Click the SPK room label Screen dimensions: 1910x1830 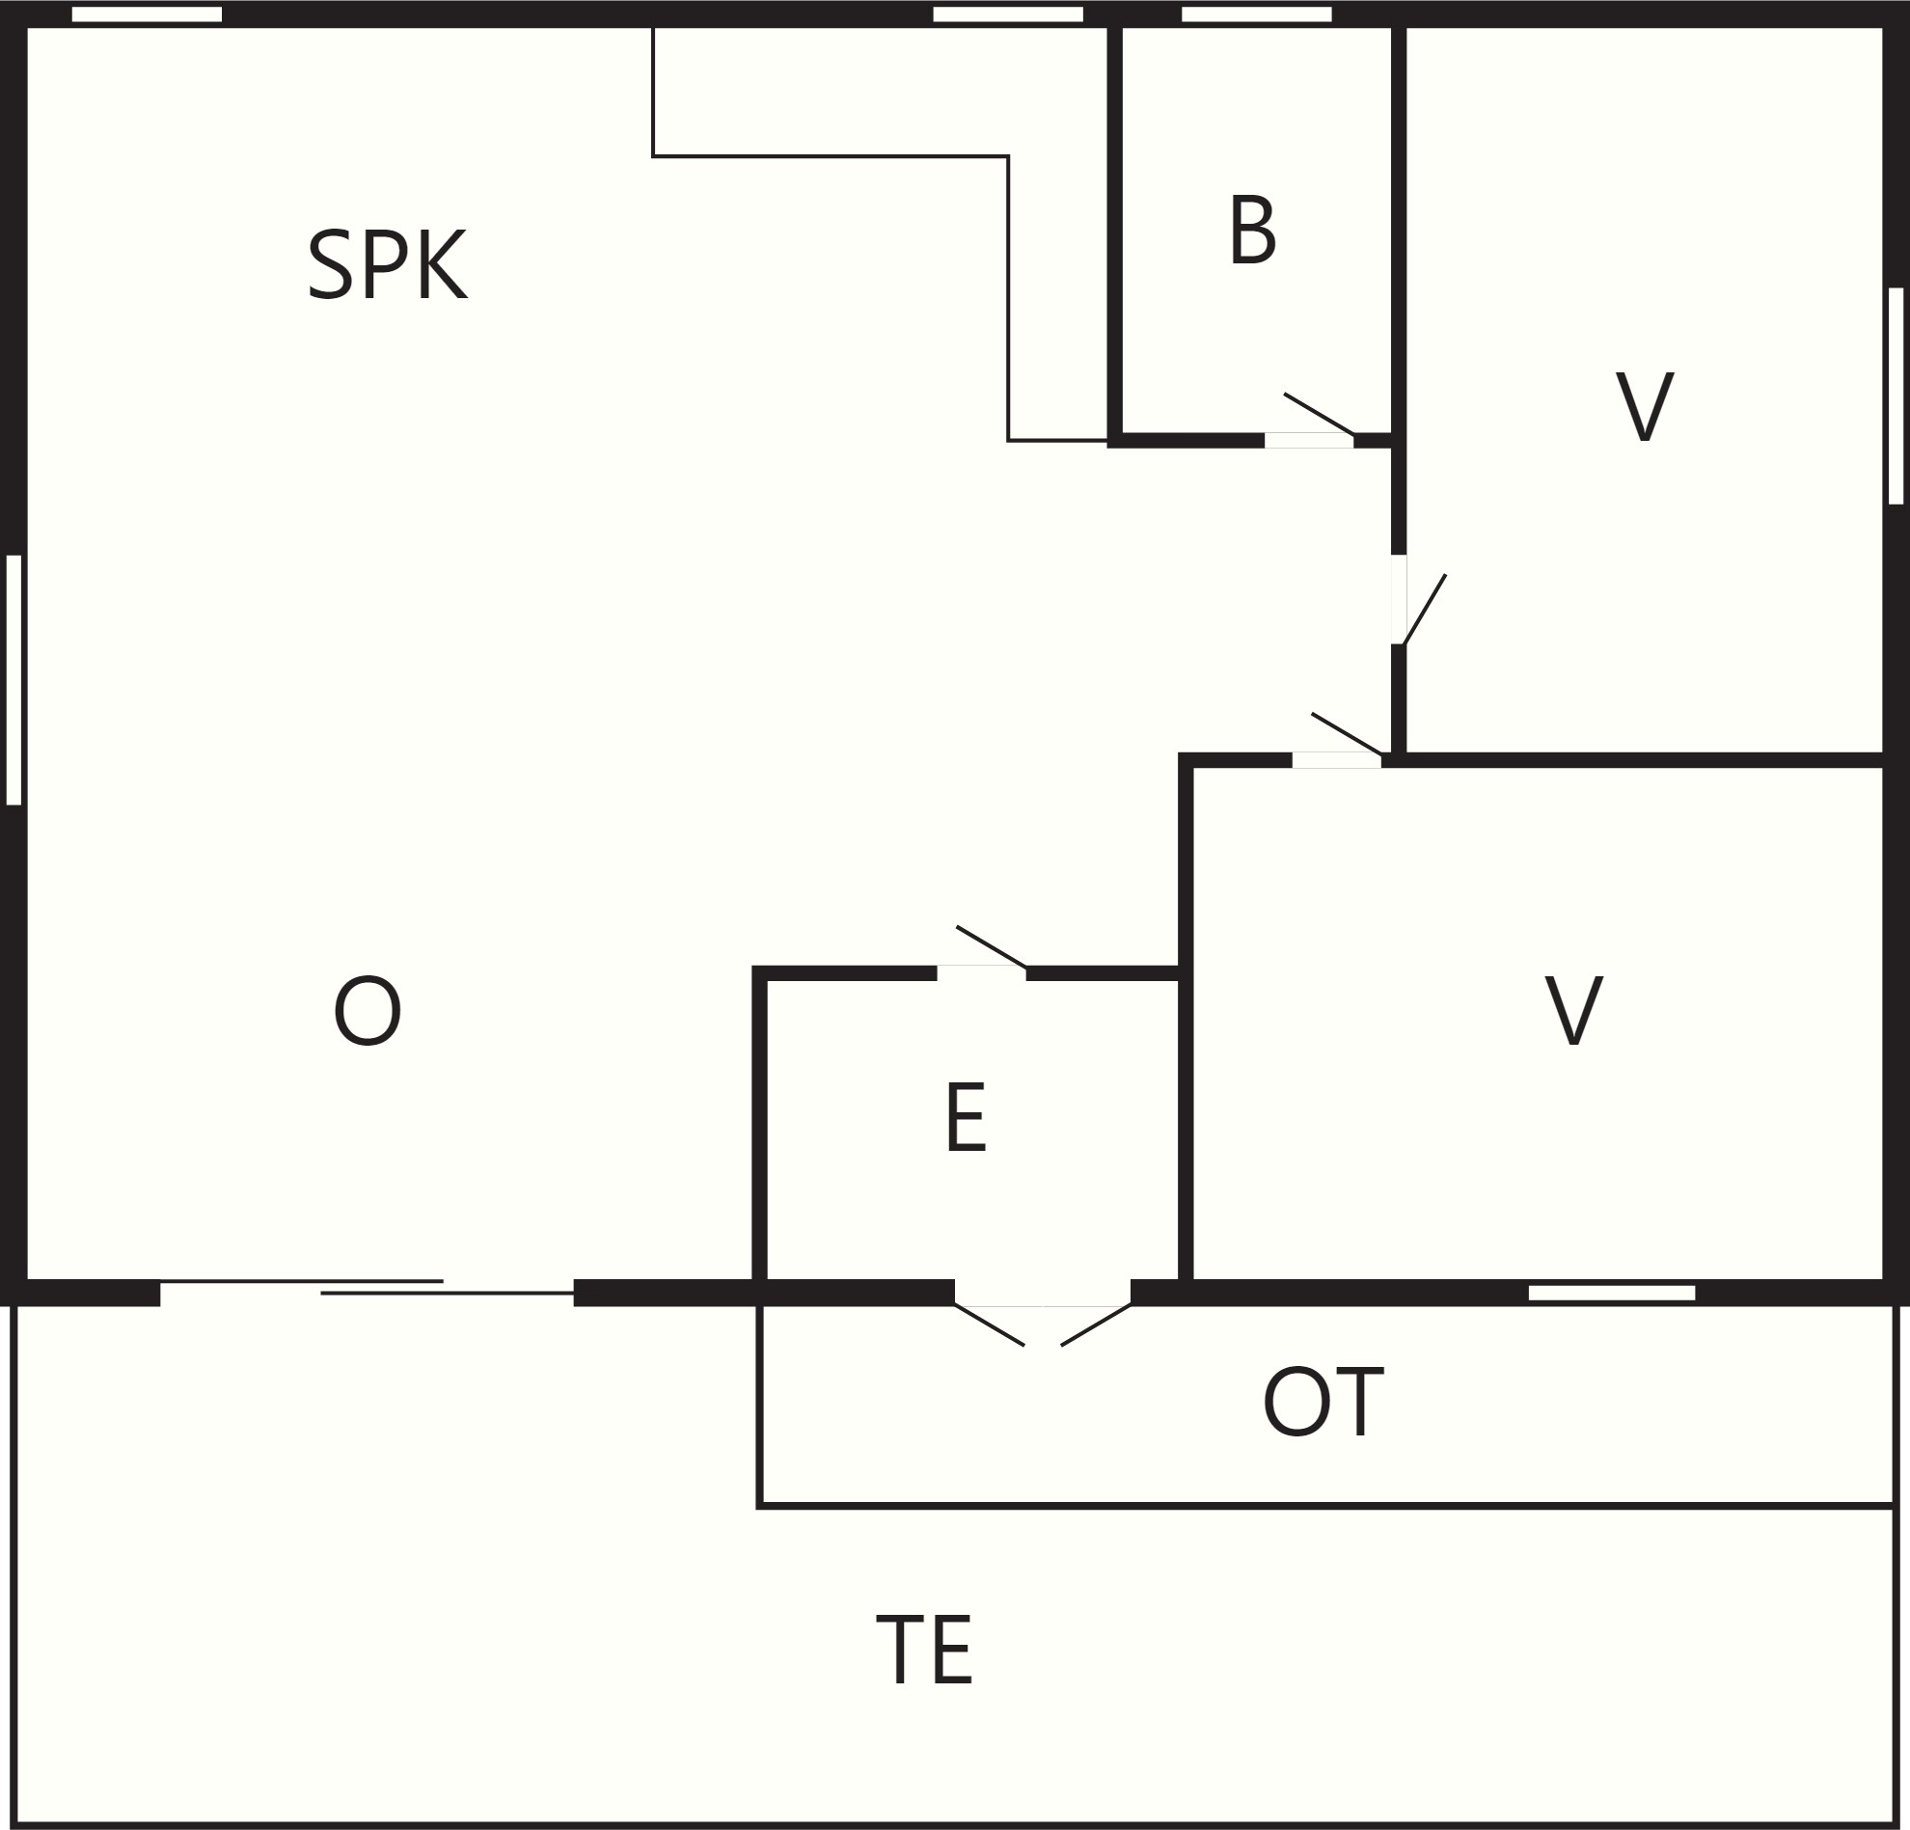click(x=387, y=265)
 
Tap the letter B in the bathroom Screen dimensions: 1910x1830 click(x=1252, y=229)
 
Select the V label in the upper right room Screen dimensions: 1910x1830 click(x=1645, y=405)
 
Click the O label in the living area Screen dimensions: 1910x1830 click(x=368, y=1013)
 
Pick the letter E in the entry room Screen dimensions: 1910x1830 click(x=966, y=1118)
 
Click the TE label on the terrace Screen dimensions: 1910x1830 click(x=924, y=1650)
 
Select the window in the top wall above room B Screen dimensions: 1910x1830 click(x=1256, y=14)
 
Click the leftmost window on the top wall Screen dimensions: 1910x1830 click(x=148, y=14)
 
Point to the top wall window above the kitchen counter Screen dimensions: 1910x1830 click(x=1008, y=14)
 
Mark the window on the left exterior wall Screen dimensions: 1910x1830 click(x=14, y=680)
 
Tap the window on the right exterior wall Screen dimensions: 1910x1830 click(x=1896, y=396)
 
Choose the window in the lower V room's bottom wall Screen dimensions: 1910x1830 click(x=1612, y=1293)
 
